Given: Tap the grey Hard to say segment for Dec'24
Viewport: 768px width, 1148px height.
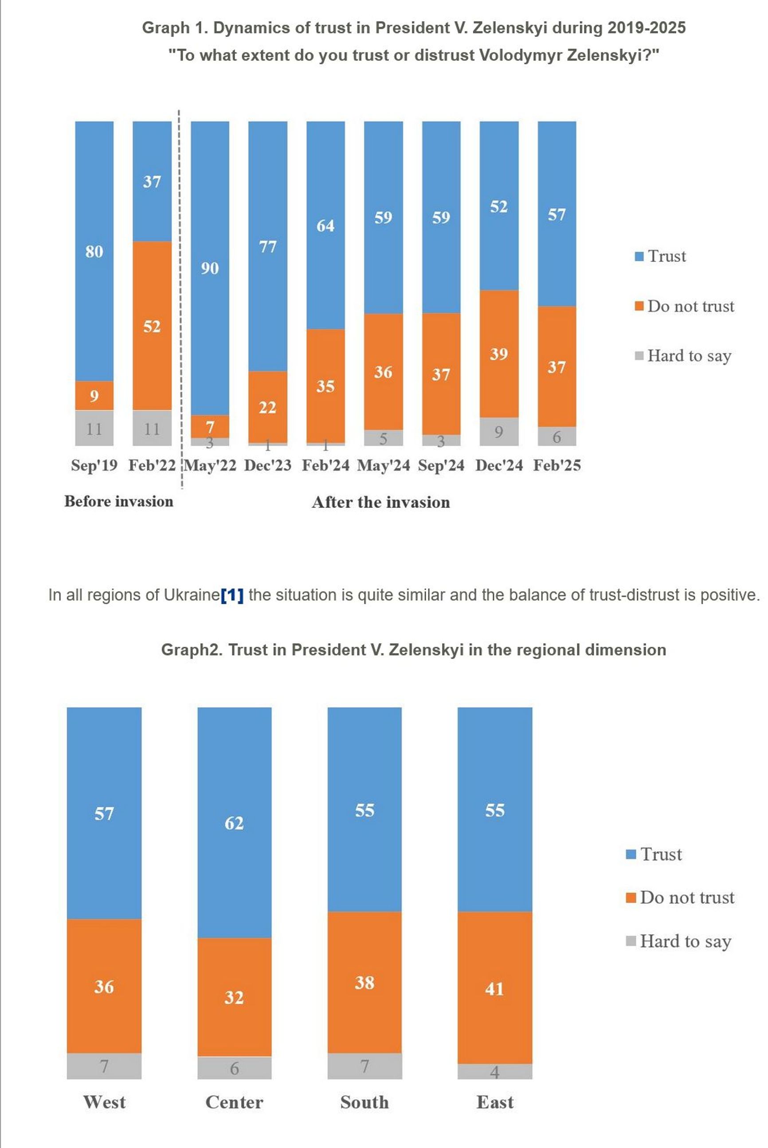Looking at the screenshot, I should point(498,432).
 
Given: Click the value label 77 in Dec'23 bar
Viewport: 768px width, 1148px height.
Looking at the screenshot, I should point(267,247).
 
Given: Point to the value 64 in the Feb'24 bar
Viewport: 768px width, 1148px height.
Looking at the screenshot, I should point(325,226).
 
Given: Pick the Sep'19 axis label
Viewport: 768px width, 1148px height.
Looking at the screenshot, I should point(94,465).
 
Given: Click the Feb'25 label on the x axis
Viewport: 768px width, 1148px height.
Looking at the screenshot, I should point(557,465).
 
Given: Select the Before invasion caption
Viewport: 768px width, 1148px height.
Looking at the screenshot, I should point(119,501).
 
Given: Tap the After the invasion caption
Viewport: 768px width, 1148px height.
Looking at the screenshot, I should point(380,502).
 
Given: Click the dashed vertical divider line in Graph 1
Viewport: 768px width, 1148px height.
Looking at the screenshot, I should point(179,294).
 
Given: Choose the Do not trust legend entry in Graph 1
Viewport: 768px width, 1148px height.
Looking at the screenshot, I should point(685,306).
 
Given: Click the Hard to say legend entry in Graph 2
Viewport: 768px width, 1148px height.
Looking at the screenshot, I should point(679,941).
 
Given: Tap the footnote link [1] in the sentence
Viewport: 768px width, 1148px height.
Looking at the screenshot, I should point(232,595).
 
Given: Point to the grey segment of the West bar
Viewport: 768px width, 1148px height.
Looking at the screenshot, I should point(104,1065).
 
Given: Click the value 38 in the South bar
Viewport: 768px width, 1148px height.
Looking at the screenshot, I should point(364,983).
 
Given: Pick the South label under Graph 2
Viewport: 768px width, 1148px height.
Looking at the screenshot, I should point(364,1102).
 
